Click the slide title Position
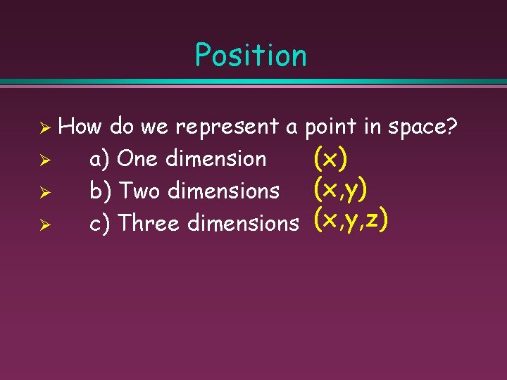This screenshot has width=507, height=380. tap(251, 56)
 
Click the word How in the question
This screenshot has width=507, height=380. tap(80, 127)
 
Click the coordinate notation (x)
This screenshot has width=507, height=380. tap(330, 158)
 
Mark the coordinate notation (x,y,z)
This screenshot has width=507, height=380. tap(351, 221)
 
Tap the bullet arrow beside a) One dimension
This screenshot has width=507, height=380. tap(43, 160)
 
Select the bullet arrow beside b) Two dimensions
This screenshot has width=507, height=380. tap(43, 193)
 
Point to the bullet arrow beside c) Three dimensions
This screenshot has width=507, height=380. tap(43, 225)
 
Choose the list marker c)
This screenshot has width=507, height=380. tap(101, 224)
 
